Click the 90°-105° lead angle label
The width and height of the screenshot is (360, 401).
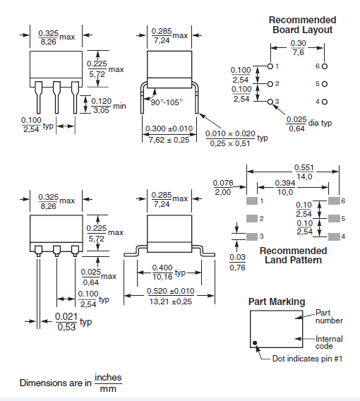167,102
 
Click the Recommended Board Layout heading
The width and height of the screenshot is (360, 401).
302,25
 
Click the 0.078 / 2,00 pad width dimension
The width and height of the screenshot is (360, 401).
222,187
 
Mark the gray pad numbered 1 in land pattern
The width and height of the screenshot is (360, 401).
251,200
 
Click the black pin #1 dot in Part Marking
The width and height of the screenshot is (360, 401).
256,345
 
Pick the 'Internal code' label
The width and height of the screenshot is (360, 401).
329,342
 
